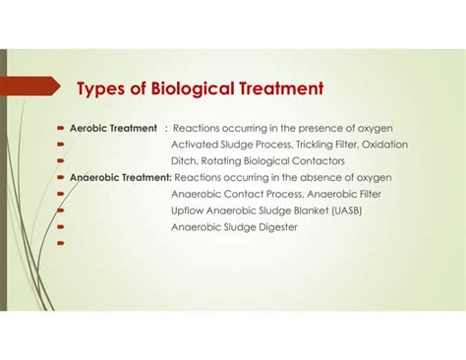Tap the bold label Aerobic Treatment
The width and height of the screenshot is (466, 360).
pyautogui.click(x=112, y=128)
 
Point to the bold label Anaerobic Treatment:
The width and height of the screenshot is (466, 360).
pyautogui.click(x=120, y=177)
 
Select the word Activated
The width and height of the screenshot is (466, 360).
pyautogui.click(x=194, y=145)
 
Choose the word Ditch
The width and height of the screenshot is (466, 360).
pyautogui.click(x=185, y=160)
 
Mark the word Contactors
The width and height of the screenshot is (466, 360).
pyautogui.click(x=316, y=160)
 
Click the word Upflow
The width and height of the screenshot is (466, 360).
pyautogui.click(x=189, y=210)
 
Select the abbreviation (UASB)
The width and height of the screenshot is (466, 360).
pyautogui.click(x=359, y=210)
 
